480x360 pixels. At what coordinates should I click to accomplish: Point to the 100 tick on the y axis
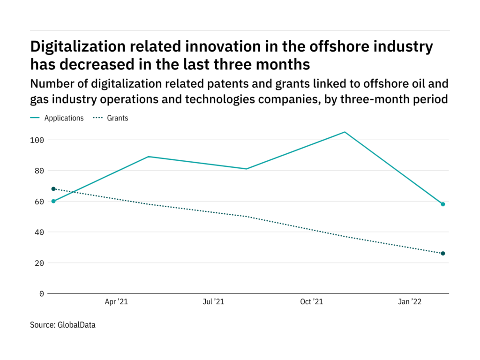point(38,140)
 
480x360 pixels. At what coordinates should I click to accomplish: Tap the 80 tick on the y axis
point(40,171)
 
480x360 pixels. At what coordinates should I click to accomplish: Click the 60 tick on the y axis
point(40,202)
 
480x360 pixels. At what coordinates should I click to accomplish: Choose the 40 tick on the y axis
point(40,232)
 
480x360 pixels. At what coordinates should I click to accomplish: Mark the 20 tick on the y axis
point(40,263)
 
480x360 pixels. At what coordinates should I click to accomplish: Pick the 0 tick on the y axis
point(42,293)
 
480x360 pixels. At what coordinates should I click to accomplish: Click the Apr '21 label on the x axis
point(116,302)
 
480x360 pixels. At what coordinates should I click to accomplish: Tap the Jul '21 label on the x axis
point(213,302)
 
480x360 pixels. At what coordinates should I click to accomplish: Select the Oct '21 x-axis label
point(312,302)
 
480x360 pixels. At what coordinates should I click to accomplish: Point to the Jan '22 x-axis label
point(410,302)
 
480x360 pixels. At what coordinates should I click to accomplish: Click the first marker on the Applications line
point(53,201)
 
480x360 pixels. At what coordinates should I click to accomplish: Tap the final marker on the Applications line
point(442,204)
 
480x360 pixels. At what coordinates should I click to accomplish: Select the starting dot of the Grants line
point(53,189)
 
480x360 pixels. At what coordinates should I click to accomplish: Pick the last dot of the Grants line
point(442,254)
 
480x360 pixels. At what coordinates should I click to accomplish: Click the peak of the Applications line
point(345,132)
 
